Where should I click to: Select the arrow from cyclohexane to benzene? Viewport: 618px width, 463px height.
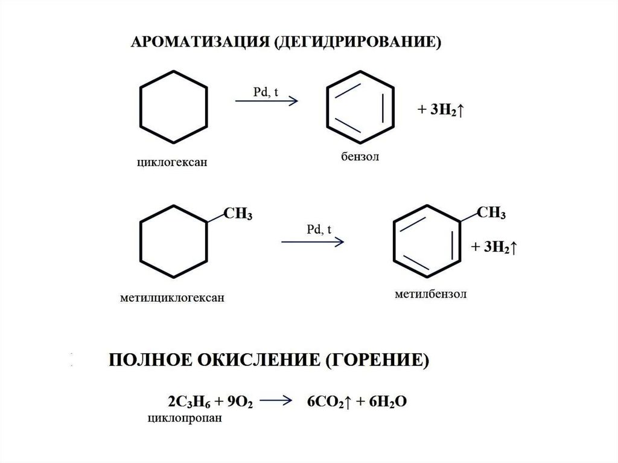point(266,101)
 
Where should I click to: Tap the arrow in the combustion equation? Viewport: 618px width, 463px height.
point(278,401)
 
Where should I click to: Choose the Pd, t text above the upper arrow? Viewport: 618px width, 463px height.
point(265,91)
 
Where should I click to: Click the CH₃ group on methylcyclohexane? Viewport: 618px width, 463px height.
point(238,215)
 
